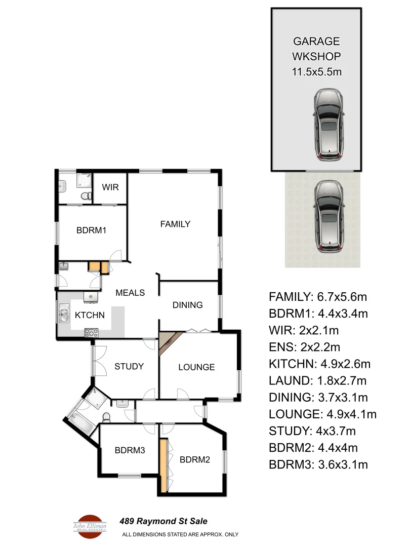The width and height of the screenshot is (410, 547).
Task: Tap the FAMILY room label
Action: pos(175,224)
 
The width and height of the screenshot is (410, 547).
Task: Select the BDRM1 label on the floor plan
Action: pos(91,230)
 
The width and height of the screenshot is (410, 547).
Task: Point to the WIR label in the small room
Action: pos(110,187)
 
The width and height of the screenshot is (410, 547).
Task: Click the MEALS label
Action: pos(130,293)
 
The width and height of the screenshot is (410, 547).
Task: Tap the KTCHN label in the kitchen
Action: pos(90,315)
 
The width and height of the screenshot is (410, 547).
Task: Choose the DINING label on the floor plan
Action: pos(187,305)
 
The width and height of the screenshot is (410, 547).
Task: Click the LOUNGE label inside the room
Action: pos(196,367)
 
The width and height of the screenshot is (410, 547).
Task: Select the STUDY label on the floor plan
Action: pos(129,366)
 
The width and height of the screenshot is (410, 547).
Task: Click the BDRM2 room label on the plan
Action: pos(195,460)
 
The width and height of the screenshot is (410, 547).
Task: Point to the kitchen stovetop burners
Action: pos(91,333)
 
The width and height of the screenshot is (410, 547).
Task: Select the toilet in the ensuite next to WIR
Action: pos(86,196)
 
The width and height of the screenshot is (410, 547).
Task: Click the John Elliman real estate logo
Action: pos(90,525)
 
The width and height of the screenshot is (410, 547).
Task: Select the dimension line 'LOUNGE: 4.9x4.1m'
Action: pos(322,414)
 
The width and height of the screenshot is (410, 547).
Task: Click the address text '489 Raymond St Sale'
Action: pos(163,521)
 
